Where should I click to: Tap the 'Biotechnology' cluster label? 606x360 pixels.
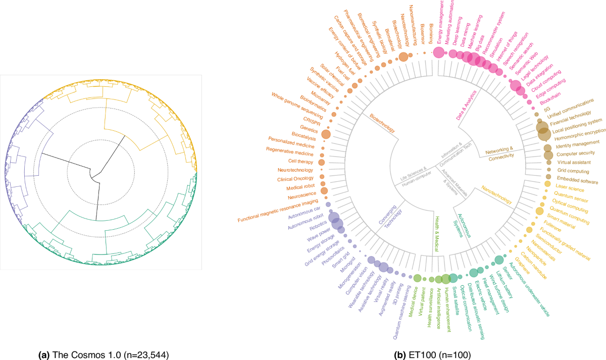click(382, 123)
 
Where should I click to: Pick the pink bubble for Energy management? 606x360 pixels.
click(438, 53)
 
